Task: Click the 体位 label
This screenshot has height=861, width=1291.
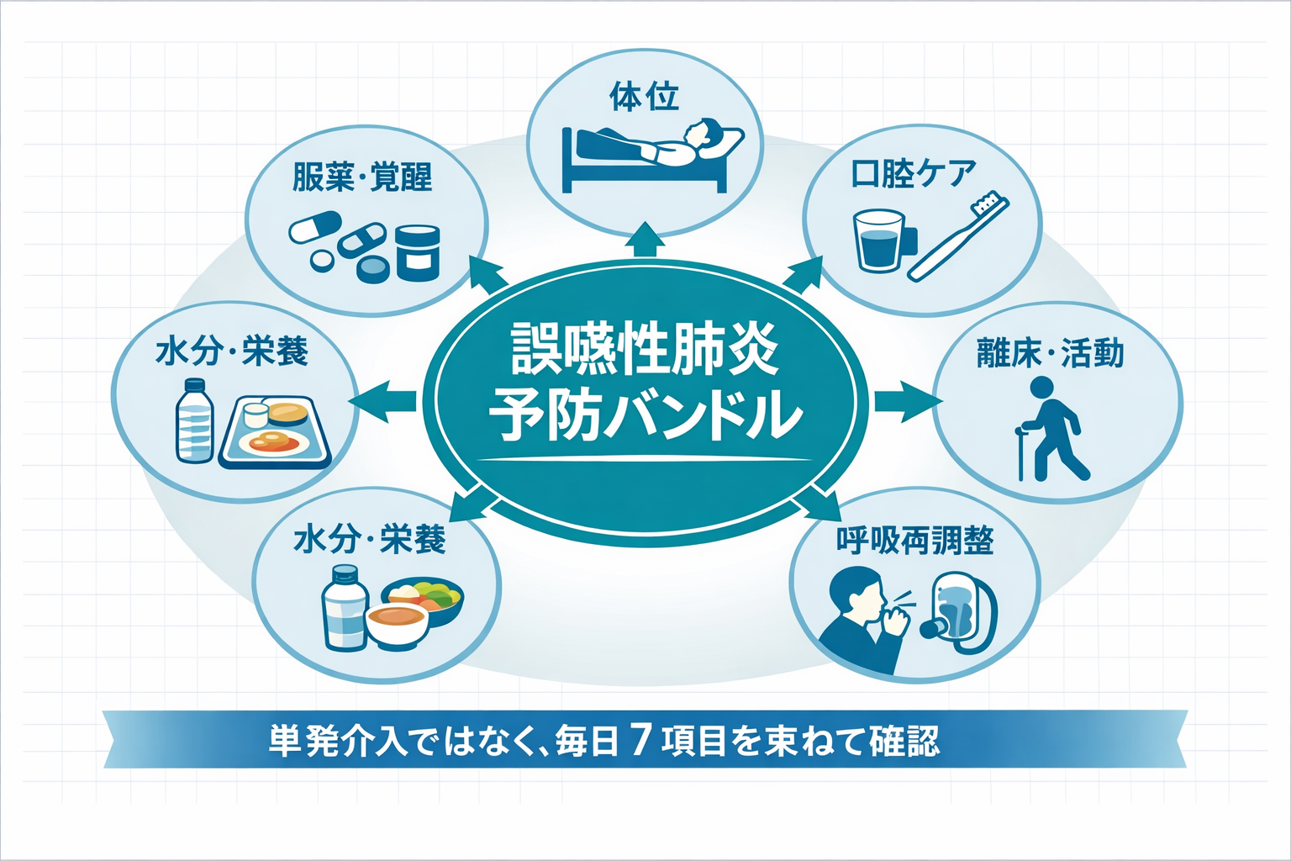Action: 644,98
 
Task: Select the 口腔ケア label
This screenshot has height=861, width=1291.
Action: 914,173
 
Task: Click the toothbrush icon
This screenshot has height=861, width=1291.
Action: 958,237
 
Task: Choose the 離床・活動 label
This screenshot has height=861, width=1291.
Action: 1050,353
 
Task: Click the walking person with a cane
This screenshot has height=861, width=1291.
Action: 1051,429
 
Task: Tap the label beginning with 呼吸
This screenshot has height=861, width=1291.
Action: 914,541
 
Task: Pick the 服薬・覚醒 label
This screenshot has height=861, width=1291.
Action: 362,177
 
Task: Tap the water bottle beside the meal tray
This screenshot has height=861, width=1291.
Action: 194,421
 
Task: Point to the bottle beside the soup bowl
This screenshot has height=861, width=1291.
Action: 345,607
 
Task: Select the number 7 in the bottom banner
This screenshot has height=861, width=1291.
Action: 640,740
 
